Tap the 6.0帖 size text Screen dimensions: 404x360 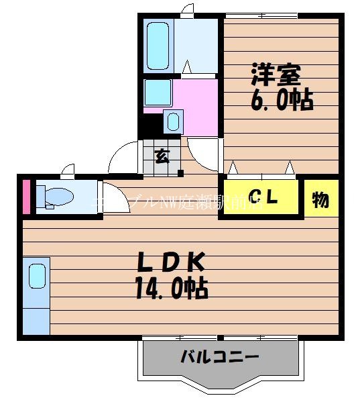click(282, 101)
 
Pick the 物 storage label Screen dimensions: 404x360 click(320, 199)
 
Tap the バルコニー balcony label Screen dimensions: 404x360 click(219, 357)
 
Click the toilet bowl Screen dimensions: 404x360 click(54, 196)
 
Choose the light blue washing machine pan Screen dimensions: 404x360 click(158, 91)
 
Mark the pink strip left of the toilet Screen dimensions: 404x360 click(27, 197)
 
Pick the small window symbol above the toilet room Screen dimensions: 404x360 click(67, 170)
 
